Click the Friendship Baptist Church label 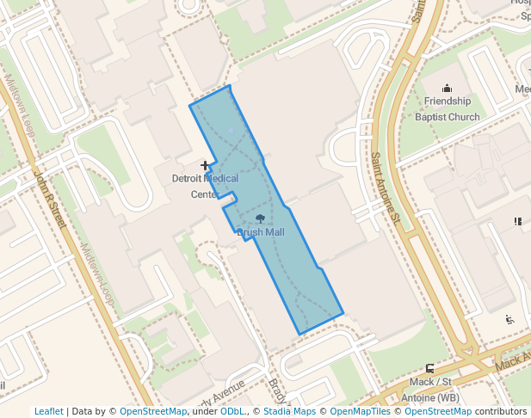pos(447,108)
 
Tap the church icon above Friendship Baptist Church pos(447,88)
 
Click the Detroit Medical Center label pos(206,186)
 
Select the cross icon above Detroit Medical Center pos(205,164)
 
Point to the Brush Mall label pos(260,232)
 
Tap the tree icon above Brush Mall pos(260,218)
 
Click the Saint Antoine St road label pos(385,187)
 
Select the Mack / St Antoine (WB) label pos(430,389)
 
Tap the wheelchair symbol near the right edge pos(509,320)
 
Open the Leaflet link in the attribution pos(48,412)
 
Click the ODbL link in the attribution pos(232,412)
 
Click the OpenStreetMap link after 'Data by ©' pos(153,412)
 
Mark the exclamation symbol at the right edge pos(518,221)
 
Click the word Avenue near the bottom pos(227,391)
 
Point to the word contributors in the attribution pos(501,412)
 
